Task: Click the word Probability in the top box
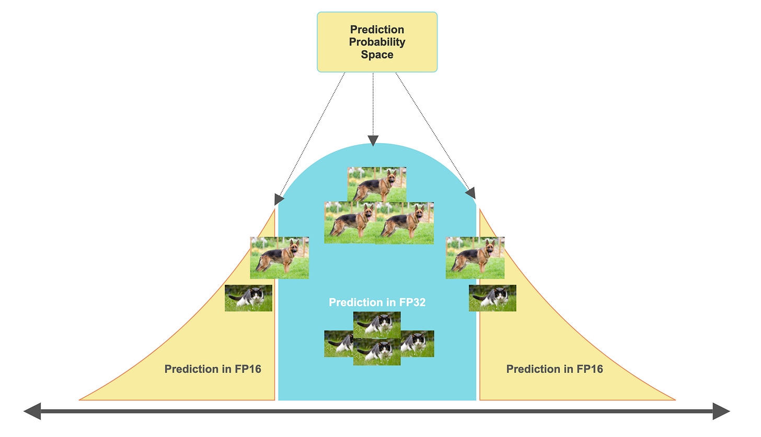(x=377, y=42)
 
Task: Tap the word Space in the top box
(x=377, y=54)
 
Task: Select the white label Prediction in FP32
(x=377, y=302)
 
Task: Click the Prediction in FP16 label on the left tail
(x=213, y=369)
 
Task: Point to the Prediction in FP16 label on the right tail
(x=555, y=369)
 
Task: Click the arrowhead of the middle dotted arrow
(x=373, y=141)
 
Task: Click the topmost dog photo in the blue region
(x=377, y=185)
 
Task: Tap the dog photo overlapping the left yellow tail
(x=279, y=258)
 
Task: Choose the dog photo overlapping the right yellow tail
(x=475, y=258)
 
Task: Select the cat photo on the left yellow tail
(x=248, y=298)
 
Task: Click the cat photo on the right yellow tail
(x=492, y=298)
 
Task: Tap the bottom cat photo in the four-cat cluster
(x=377, y=353)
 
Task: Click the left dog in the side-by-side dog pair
(x=349, y=223)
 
